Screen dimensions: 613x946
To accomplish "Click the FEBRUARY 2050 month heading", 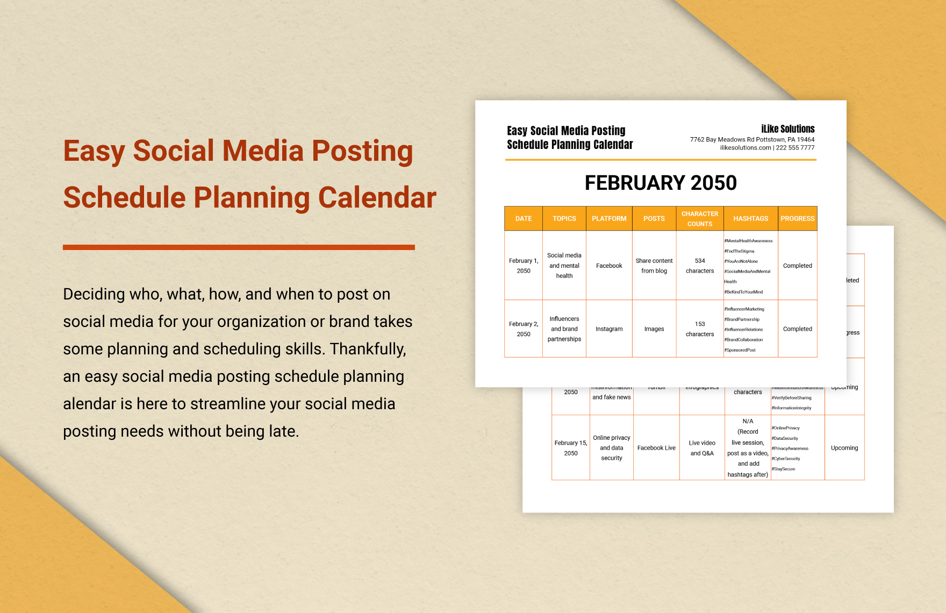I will coord(661,183).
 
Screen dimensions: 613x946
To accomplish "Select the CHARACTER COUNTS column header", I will coord(699,219).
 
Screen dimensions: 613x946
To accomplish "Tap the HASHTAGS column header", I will coord(750,219).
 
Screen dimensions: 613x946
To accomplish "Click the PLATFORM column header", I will coord(609,219).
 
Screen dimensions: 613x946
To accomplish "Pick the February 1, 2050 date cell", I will coord(524,266).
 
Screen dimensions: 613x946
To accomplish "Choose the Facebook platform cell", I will coord(609,266).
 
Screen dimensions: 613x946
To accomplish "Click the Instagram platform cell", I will coord(609,329).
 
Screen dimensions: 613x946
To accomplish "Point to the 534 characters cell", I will coord(699,266).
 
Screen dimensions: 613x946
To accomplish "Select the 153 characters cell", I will coord(699,329).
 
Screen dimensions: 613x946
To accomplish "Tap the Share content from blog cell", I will coord(654,266).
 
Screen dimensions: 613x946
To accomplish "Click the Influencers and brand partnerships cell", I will coord(564,329).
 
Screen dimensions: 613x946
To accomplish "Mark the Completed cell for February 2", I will coord(797,329).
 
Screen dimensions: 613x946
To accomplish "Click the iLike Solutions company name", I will coord(787,129).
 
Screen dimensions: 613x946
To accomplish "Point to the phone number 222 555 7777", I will coord(795,148).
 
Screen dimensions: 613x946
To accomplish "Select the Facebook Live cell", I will coord(656,448).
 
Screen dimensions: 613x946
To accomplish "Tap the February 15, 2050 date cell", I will coord(571,448).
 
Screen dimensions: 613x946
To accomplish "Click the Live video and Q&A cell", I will coord(702,448).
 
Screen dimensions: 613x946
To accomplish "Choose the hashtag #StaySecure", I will coord(784,469).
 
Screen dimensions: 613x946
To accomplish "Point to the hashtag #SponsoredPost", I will coord(740,350).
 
